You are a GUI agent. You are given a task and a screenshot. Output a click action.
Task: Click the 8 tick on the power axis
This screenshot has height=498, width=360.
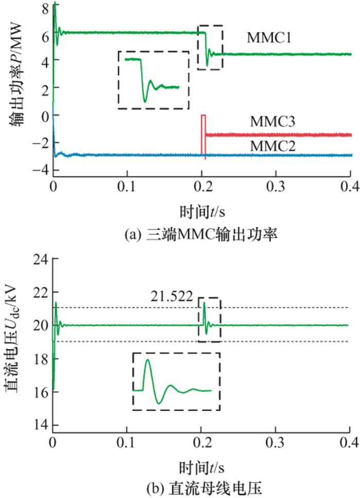45,8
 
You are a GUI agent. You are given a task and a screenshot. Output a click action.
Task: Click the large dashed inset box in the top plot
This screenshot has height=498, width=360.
153,80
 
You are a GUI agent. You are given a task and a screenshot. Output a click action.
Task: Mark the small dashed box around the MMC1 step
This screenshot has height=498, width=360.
210,47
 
